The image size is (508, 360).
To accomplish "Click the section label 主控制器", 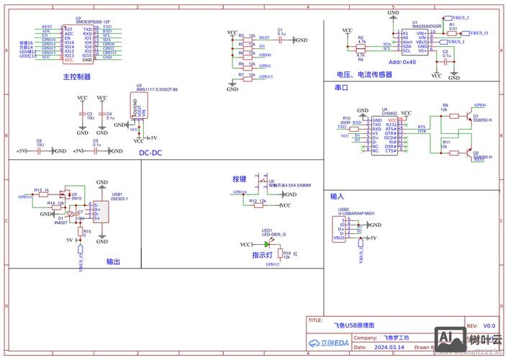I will pyautogui.click(x=77, y=76).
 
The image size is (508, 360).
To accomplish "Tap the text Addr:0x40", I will pyautogui.click(x=402, y=62).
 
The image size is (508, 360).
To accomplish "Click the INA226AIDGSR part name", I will pyautogui.click(x=425, y=27).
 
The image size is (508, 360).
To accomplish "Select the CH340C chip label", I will pyautogui.click(x=389, y=114).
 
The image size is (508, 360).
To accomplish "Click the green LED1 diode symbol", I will pyautogui.click(x=266, y=245).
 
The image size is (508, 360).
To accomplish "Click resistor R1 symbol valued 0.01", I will pyautogui.click(x=452, y=33).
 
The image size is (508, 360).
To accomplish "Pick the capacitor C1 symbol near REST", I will pyautogui.click(x=281, y=40).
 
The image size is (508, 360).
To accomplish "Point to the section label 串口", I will pyautogui.click(x=342, y=87).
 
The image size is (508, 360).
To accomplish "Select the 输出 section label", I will pyautogui.click(x=114, y=262).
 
